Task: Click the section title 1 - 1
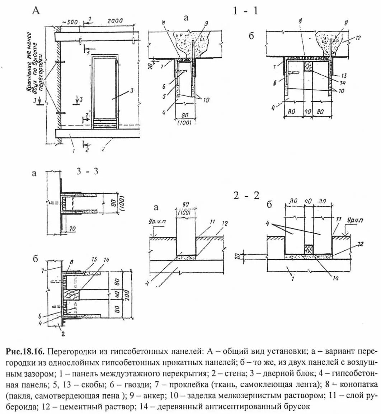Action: click(x=245, y=11)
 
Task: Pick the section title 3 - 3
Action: click(x=88, y=171)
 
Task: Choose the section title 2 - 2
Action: click(x=246, y=196)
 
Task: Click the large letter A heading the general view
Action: click(x=36, y=11)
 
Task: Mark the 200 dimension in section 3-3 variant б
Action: click(x=127, y=295)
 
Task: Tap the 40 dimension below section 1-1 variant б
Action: click(x=308, y=112)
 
